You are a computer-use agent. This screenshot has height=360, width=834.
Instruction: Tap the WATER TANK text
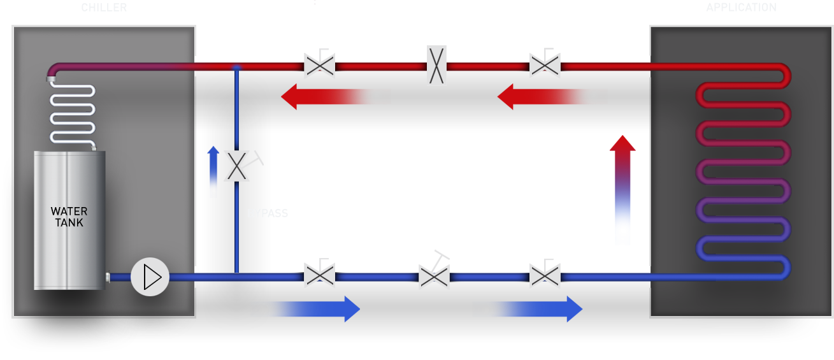[x=69, y=217]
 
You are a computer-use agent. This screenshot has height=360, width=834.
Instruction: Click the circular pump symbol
[x=150, y=277]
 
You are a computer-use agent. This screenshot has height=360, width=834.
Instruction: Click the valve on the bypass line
[x=237, y=166]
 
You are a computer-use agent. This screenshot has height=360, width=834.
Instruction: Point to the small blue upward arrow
[x=213, y=171]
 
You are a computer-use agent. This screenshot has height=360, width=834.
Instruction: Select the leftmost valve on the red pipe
[x=319, y=64]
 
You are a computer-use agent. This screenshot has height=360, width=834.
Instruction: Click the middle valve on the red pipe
[x=436, y=66]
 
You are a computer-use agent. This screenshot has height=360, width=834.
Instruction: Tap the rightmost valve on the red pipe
[x=545, y=64]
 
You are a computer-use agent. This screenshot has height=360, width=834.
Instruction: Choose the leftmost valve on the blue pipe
[x=319, y=275]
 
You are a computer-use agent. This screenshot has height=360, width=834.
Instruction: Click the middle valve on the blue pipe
[x=434, y=275]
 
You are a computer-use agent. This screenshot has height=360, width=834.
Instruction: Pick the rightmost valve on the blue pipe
[x=545, y=275]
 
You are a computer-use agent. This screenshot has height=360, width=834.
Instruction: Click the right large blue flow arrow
[x=529, y=309]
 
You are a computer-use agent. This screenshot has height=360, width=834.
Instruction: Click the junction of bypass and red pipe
[x=236, y=67]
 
